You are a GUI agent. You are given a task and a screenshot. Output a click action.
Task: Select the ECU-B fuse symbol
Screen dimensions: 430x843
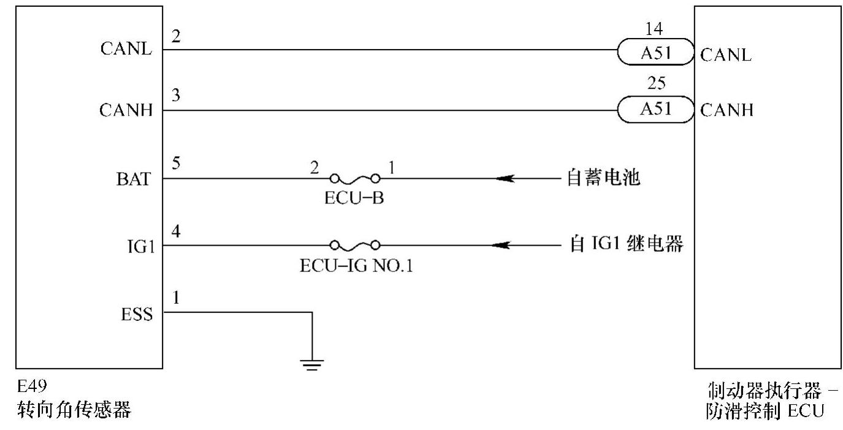click(355, 178)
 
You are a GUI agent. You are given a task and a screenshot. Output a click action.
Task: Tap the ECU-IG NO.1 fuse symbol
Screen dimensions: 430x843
click(355, 246)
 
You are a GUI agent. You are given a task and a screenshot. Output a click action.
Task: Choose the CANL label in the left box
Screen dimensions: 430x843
click(126, 50)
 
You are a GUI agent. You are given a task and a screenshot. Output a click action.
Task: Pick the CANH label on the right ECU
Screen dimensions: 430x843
click(727, 111)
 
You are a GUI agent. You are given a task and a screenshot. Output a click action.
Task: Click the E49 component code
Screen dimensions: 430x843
click(31, 387)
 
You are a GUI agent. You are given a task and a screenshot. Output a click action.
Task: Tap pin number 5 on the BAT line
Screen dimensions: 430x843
click(175, 164)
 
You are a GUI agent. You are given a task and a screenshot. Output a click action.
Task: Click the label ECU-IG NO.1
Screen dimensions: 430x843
click(356, 266)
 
